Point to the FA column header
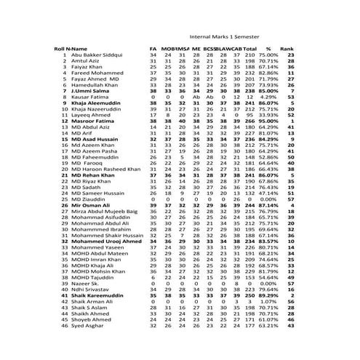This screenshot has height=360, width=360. click(153, 48)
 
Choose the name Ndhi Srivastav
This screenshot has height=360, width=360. click(91, 289)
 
